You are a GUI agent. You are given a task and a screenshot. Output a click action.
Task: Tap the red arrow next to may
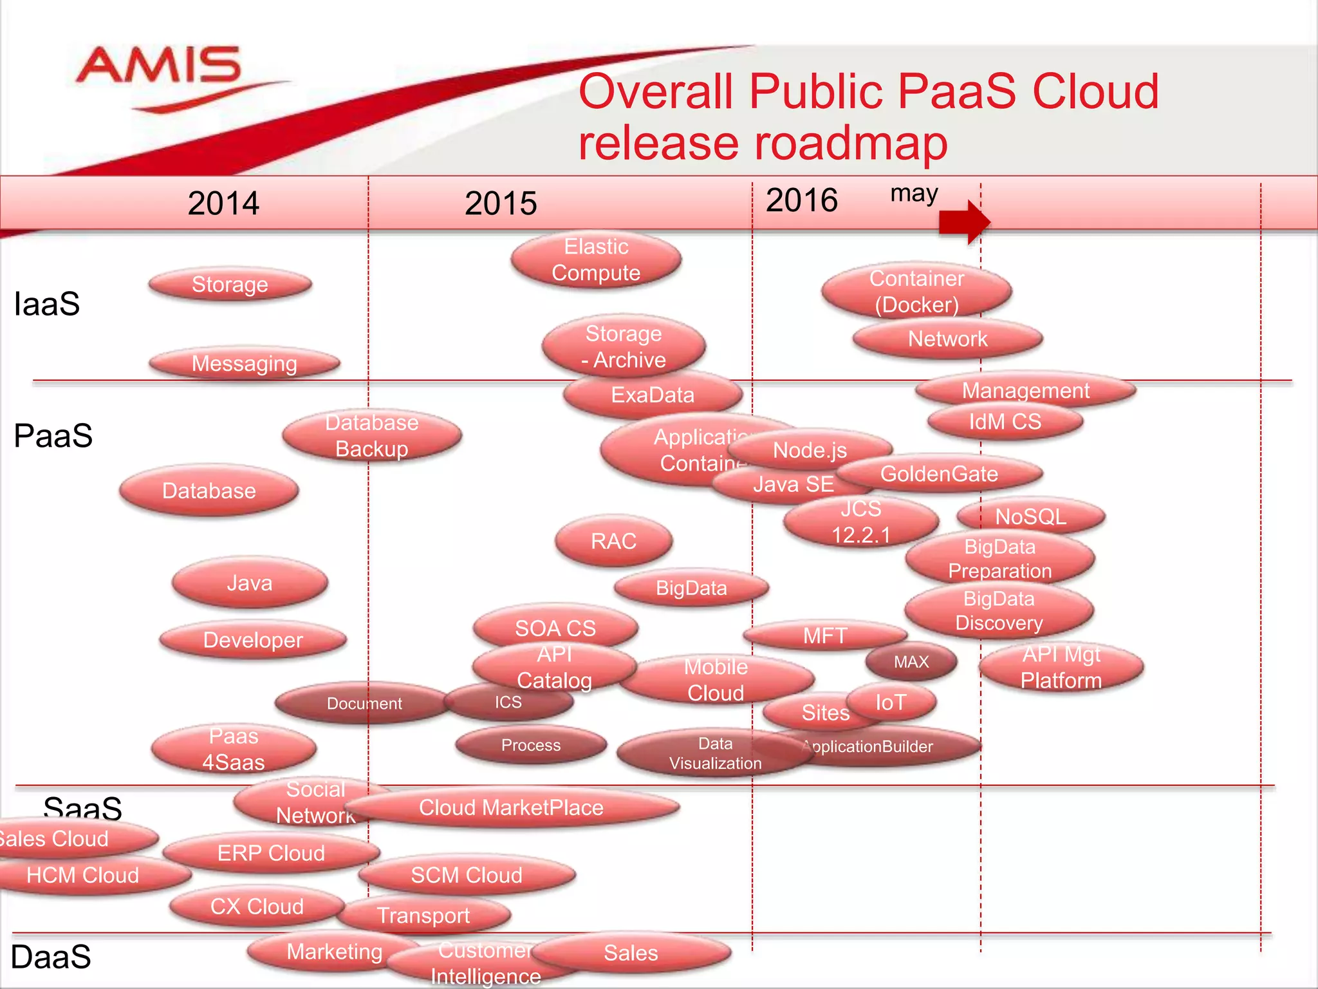point(963,222)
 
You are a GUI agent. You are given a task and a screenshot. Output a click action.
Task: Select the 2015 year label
point(501,203)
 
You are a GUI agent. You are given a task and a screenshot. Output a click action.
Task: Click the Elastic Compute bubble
point(596,260)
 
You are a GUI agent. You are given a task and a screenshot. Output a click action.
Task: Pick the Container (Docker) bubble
point(916,291)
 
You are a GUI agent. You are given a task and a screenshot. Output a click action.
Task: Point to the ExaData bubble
point(653,395)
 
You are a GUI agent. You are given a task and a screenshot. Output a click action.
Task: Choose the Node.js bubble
point(810,450)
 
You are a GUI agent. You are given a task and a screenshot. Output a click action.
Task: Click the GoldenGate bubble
point(939,474)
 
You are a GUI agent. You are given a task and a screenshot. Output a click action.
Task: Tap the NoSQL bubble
point(1030,516)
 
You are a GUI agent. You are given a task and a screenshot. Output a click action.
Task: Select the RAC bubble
point(613,541)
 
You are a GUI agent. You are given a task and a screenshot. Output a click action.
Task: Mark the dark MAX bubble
point(911,662)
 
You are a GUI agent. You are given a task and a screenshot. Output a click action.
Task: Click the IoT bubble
point(891,702)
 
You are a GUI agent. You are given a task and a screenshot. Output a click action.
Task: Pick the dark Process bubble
point(531,745)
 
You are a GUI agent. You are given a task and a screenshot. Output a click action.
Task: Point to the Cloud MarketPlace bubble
point(512,807)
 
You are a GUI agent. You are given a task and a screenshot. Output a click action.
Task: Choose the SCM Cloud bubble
point(467,875)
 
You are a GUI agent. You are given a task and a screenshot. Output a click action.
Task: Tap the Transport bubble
point(423,915)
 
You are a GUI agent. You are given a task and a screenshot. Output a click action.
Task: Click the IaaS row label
point(47,304)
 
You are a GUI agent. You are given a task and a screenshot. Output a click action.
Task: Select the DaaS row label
point(51,957)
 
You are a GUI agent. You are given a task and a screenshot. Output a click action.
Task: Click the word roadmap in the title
point(844,142)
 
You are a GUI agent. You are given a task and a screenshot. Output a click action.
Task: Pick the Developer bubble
point(253,640)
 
